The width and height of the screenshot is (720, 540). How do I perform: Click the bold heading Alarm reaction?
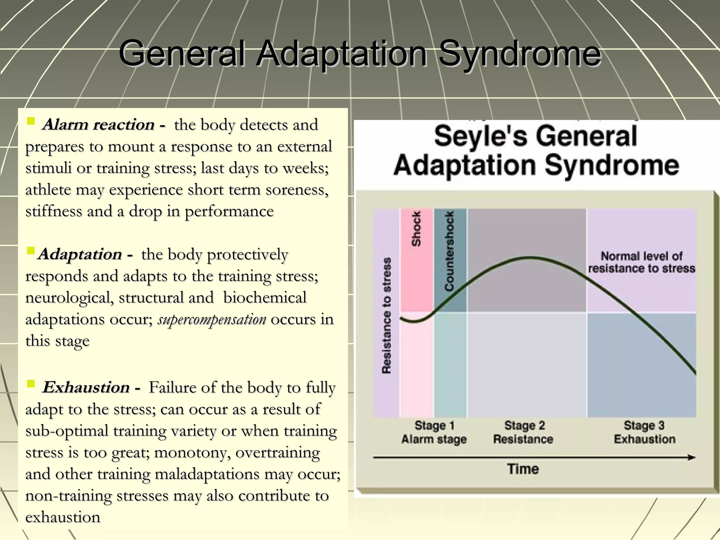coord(98,125)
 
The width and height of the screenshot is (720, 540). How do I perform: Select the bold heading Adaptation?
coord(80,254)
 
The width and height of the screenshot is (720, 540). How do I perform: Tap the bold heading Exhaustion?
coord(86,387)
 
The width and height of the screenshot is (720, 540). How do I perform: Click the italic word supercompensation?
coord(212,320)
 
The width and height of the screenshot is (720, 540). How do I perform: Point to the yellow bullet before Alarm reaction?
coord(31,122)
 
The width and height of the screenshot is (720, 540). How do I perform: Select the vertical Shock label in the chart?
coord(416,229)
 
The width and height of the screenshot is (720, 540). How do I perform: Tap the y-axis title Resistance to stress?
coord(386,315)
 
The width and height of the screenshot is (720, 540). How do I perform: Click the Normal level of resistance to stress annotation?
coord(642,262)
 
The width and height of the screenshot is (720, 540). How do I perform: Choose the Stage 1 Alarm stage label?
coord(434,432)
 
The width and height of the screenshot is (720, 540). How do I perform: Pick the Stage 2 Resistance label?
coord(523,432)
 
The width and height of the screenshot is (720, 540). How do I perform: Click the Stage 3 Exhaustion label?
coord(644,432)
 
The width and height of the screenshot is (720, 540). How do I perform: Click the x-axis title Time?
coord(523,469)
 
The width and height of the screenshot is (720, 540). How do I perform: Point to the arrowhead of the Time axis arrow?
coord(692,457)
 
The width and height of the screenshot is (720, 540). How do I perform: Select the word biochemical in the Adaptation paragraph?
coord(265,298)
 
